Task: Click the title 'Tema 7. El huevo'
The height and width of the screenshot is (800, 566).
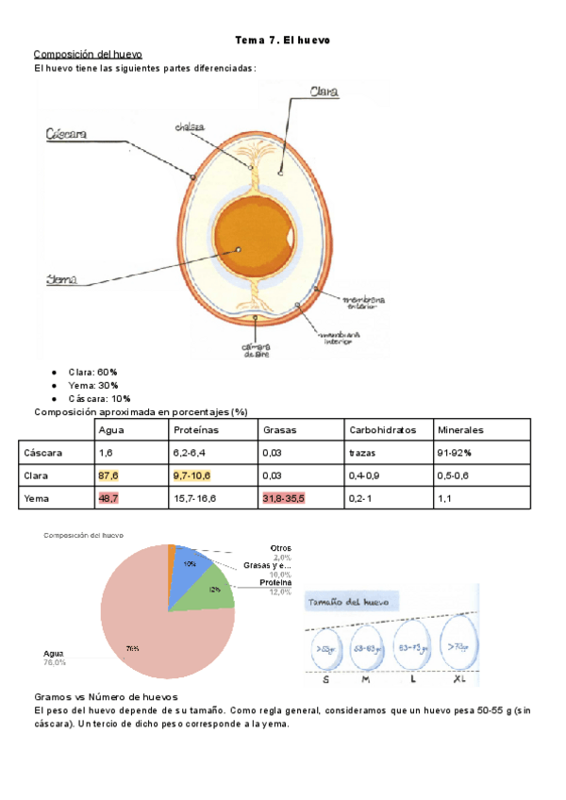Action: [282, 40]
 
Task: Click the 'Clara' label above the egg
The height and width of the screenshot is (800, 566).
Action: [324, 91]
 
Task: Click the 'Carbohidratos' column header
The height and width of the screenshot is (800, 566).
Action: [382, 429]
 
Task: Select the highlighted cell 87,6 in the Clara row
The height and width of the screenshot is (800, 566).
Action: [108, 475]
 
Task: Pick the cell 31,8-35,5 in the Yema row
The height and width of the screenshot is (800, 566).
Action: [284, 497]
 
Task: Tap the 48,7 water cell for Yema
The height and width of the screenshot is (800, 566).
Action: [108, 497]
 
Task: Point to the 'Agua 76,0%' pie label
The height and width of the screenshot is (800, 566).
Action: [55, 658]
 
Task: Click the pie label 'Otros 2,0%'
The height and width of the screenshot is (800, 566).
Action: [280, 553]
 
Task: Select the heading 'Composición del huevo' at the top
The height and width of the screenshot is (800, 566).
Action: [88, 54]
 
